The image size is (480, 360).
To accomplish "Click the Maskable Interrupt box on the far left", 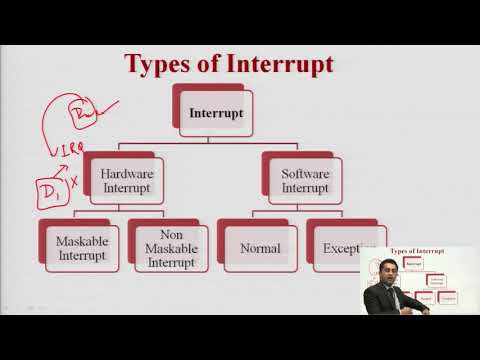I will [x=84, y=247].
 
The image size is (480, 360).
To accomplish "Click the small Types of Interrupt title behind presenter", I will [x=415, y=254].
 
